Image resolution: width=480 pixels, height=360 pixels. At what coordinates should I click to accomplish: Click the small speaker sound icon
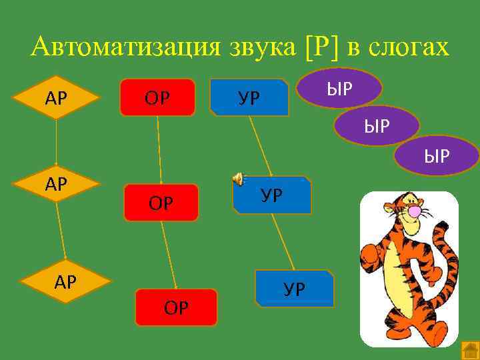click(x=238, y=177)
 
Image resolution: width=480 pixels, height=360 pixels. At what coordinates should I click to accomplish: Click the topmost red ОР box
click(x=157, y=97)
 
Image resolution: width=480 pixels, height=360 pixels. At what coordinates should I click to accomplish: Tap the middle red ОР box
click(x=160, y=202)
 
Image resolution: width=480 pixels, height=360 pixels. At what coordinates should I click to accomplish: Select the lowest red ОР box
click(x=176, y=307)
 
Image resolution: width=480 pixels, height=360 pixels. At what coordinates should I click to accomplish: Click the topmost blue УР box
click(x=249, y=97)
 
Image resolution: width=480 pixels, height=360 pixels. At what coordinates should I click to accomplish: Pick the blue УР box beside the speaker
click(x=273, y=195)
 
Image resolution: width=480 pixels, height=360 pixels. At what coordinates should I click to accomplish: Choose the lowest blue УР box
click(x=294, y=288)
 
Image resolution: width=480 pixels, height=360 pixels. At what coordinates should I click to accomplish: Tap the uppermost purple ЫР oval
click(x=340, y=88)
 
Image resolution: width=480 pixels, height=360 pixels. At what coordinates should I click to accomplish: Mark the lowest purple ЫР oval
click(x=437, y=156)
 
